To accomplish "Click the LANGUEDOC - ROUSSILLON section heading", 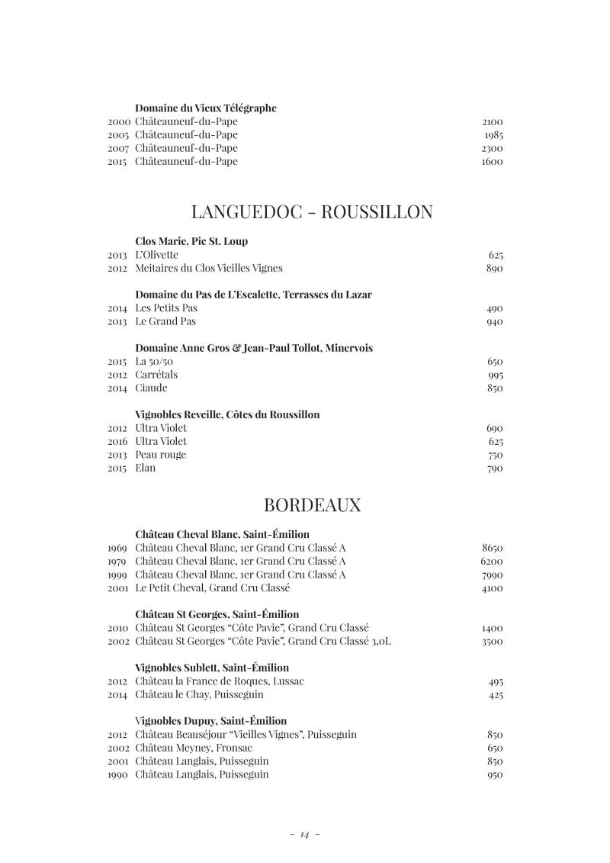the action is click(x=312, y=211).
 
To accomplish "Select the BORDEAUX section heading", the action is click(x=312, y=505).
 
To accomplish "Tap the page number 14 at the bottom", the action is click(x=305, y=835).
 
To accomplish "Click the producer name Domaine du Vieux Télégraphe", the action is click(x=206, y=108).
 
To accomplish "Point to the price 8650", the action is click(x=492, y=548).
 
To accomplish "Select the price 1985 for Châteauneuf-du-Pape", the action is click(x=493, y=135).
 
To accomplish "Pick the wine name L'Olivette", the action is click(x=156, y=255).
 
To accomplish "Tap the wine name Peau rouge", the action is click(x=160, y=455).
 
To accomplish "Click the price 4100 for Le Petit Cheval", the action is click(x=492, y=588).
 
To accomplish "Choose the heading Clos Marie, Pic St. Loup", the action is click(x=191, y=241).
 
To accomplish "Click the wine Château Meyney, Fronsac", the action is click(x=194, y=748).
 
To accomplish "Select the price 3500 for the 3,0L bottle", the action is click(x=492, y=642).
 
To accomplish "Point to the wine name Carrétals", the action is click(x=156, y=375).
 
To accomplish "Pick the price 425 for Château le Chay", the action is click(x=495, y=695).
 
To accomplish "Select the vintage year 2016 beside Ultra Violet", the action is click(x=118, y=441).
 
